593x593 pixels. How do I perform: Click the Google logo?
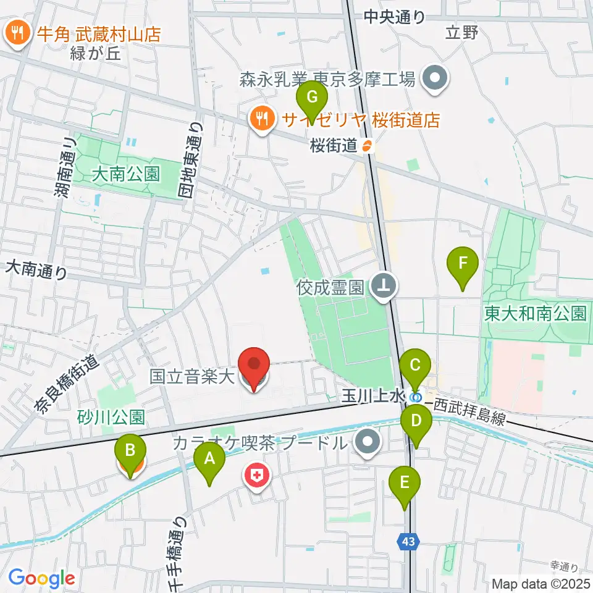[x=41, y=578]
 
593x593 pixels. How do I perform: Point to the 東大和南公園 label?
[x=536, y=313]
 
